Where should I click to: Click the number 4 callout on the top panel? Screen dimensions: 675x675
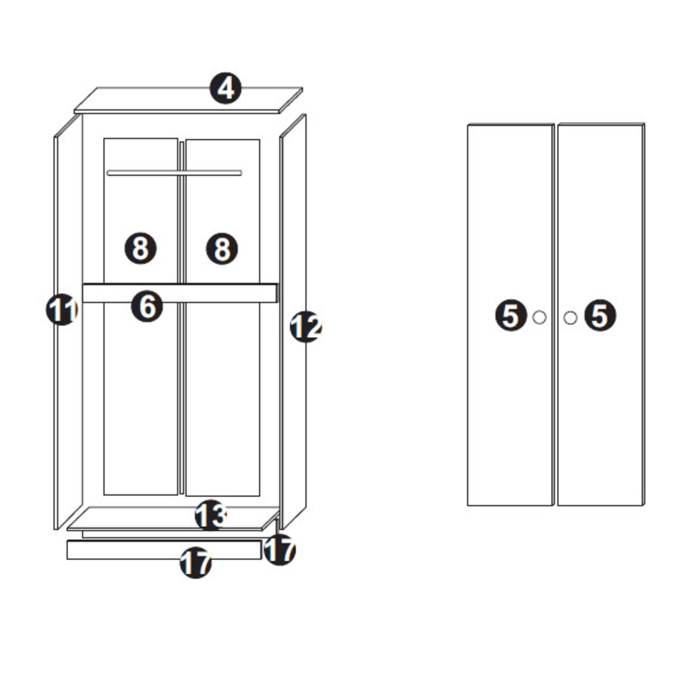click(226, 88)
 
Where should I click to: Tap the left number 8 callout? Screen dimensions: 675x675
click(140, 248)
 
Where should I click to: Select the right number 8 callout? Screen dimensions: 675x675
click(221, 249)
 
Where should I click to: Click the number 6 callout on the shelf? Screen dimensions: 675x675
click(147, 306)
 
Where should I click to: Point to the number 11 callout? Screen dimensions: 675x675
click(62, 310)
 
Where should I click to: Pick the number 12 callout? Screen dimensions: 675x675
click(306, 326)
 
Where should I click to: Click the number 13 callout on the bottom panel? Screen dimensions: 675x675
click(211, 515)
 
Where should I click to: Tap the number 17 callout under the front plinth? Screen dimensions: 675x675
click(196, 563)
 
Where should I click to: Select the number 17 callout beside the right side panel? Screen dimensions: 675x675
click(279, 549)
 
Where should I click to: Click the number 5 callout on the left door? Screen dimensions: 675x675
click(511, 315)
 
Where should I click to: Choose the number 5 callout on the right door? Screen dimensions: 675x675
click(600, 315)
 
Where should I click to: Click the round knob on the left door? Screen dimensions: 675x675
click(539, 317)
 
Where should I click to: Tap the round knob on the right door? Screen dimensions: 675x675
click(570, 317)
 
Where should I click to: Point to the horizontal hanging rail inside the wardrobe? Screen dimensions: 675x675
click(175, 172)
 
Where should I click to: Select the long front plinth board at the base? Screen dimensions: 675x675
click(165, 549)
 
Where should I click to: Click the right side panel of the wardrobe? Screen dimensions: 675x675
click(293, 322)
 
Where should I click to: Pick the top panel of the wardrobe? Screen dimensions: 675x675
click(188, 100)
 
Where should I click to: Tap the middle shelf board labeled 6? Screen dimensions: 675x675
click(180, 293)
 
